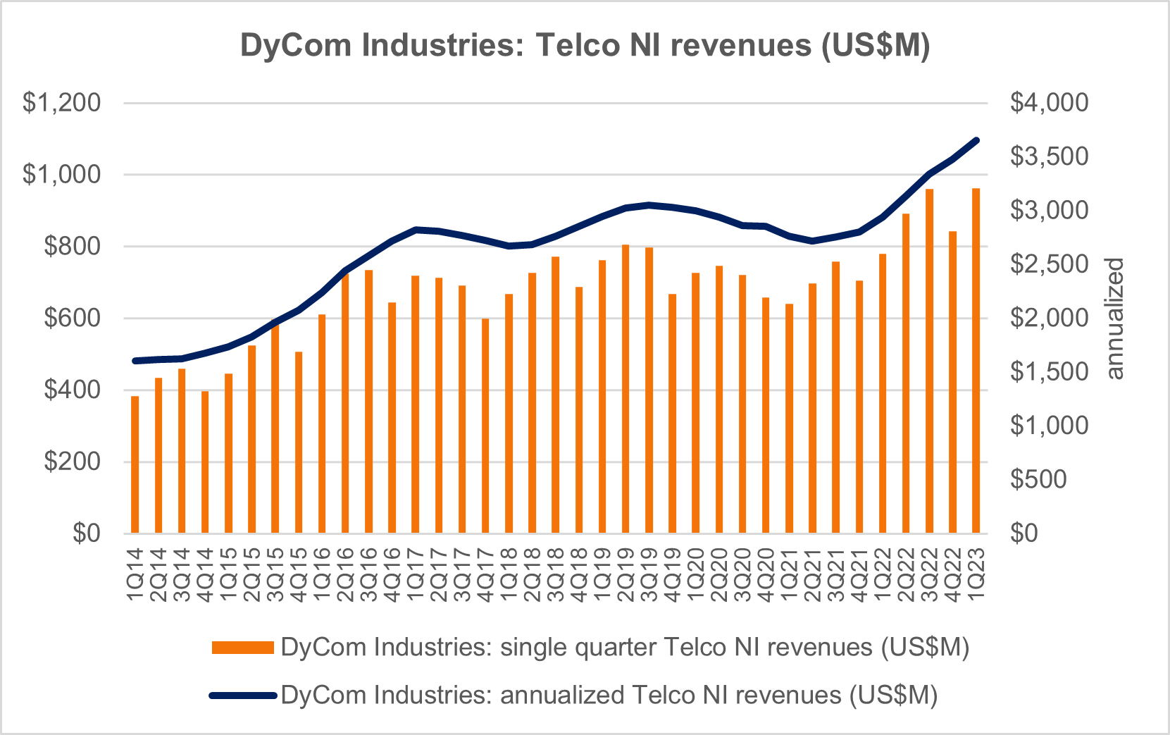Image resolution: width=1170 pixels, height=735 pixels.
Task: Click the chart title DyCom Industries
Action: point(585,45)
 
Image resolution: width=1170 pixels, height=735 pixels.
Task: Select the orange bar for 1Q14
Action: point(135,464)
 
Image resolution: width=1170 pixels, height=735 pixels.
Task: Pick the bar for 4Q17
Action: point(485,426)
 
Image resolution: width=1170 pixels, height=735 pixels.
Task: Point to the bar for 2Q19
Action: point(626,389)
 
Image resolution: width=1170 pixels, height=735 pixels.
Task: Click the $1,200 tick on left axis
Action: point(62,103)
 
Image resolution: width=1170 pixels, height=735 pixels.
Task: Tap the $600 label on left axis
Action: point(72,318)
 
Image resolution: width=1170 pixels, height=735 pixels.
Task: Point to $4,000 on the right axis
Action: point(1049,103)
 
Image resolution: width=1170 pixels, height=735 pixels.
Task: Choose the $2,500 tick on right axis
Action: point(1049,264)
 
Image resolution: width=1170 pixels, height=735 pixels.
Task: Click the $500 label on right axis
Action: point(1038,479)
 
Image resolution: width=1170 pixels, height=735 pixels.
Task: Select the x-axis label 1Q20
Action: point(696,575)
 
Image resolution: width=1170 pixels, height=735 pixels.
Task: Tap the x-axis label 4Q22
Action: point(953,575)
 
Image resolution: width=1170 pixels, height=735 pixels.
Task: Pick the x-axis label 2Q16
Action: point(345,575)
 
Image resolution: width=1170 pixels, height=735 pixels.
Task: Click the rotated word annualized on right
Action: point(1114,319)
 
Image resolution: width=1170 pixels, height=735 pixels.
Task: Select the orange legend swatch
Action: point(242,648)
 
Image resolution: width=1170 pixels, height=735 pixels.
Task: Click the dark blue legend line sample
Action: point(242,696)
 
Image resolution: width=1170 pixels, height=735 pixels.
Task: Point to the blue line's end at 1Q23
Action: point(976,140)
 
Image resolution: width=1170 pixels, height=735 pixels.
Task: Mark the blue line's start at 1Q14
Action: point(135,361)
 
